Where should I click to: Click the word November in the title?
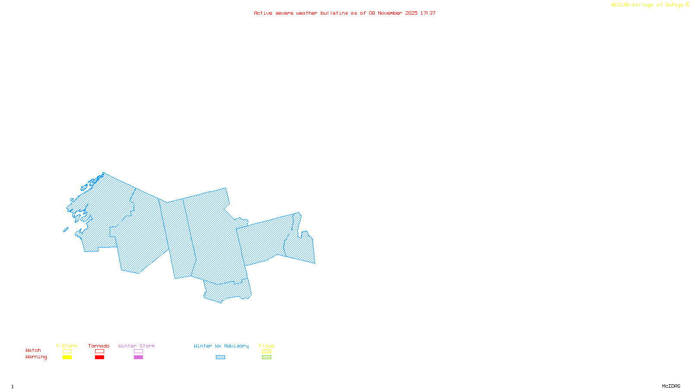[390, 13]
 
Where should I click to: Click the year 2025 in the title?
[411, 13]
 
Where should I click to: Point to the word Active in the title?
[263, 13]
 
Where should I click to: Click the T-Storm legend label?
[67, 346]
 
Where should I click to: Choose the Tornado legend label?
[99, 346]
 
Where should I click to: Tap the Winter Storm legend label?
[136, 346]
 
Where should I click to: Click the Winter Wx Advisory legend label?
[221, 346]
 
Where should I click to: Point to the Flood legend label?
[266, 346]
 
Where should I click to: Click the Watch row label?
[33, 350]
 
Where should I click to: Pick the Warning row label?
[36, 357]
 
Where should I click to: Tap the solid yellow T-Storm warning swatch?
[67, 357]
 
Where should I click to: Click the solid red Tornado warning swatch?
[99, 357]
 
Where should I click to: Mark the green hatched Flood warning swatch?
[267, 357]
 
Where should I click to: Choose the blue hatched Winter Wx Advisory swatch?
[220, 357]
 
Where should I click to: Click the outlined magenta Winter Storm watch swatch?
[138, 351]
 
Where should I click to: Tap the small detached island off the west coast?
[66, 230]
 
